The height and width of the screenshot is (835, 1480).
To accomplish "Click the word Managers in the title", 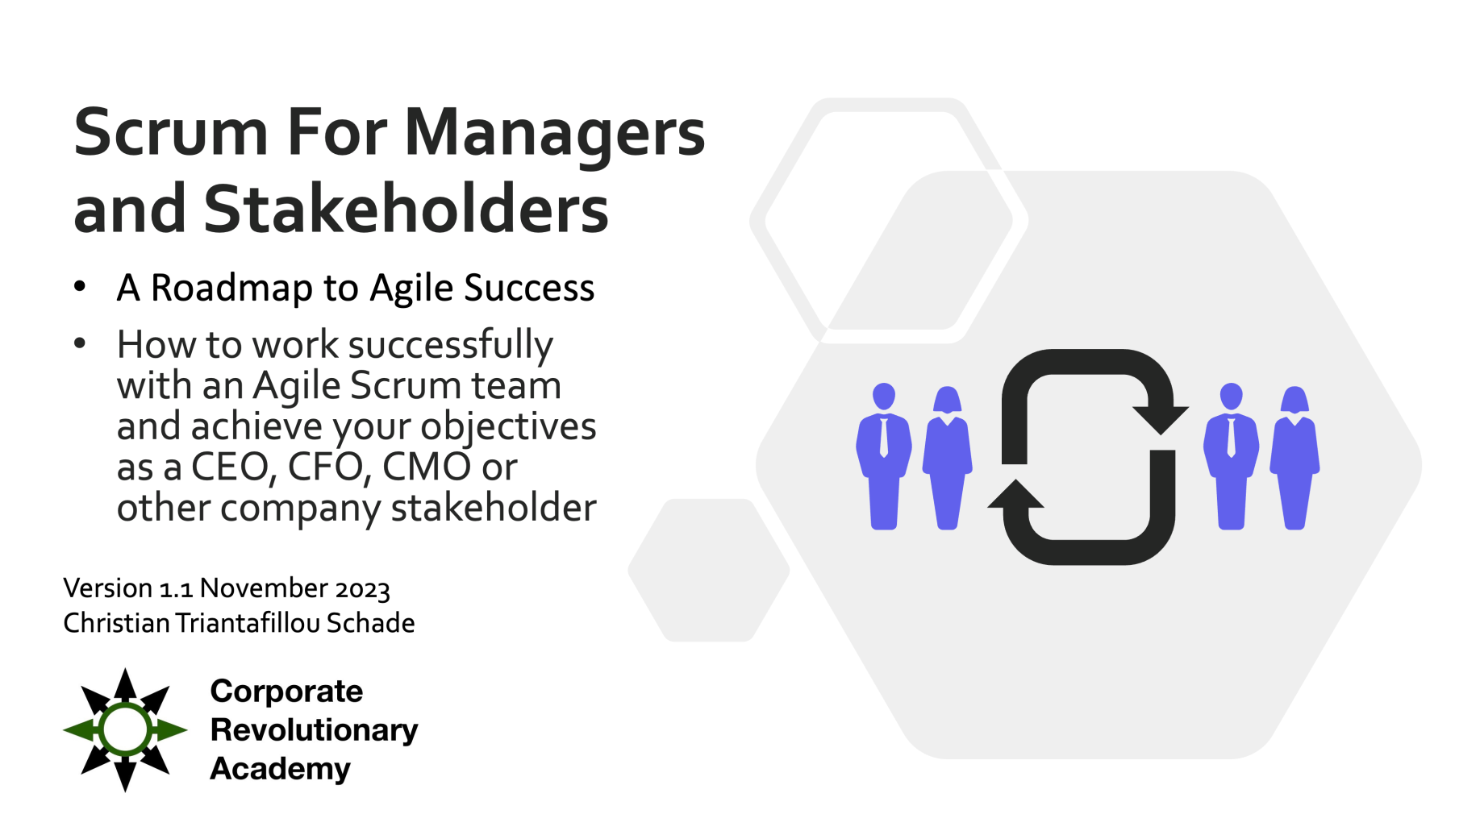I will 554,132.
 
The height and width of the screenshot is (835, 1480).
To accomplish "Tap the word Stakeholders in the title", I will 406,209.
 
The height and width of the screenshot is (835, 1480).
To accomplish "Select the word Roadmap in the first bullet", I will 231,288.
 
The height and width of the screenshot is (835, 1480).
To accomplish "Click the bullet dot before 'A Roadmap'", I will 79,286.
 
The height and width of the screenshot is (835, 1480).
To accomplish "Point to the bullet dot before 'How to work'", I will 79,343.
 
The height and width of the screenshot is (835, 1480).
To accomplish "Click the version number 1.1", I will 176,589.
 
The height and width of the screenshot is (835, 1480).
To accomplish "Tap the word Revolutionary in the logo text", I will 314,730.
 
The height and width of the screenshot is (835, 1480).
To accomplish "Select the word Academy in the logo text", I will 280,769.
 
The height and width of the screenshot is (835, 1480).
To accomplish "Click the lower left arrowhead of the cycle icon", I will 1016,495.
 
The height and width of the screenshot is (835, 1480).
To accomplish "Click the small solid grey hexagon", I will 708,571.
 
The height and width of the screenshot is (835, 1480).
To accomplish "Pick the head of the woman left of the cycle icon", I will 947,399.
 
